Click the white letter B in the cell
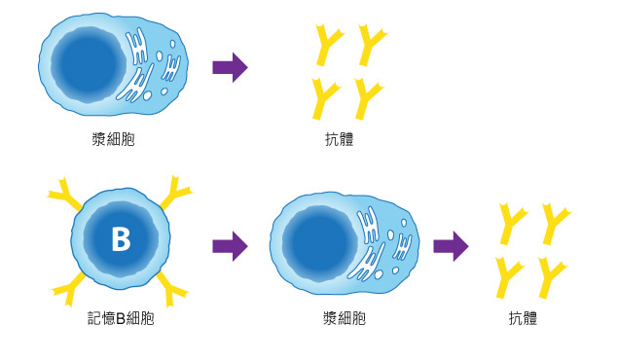tap(121, 239)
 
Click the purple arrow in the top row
tap(230, 67)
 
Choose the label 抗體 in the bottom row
tap(522, 318)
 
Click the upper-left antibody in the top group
tap(328, 45)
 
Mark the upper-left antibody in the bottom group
tap(512, 222)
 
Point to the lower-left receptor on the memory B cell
tap(68, 285)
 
